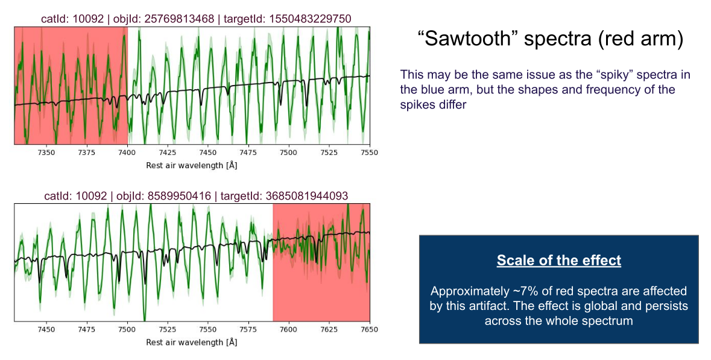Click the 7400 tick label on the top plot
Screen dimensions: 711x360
click(x=127, y=153)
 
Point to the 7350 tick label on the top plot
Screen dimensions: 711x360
click(x=46, y=153)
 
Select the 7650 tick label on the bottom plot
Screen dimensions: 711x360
click(x=370, y=330)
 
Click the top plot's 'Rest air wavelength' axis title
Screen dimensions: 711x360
click(x=191, y=165)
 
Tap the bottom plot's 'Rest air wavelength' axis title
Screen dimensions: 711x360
click(x=191, y=343)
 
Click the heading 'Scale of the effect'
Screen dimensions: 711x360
click(x=559, y=261)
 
